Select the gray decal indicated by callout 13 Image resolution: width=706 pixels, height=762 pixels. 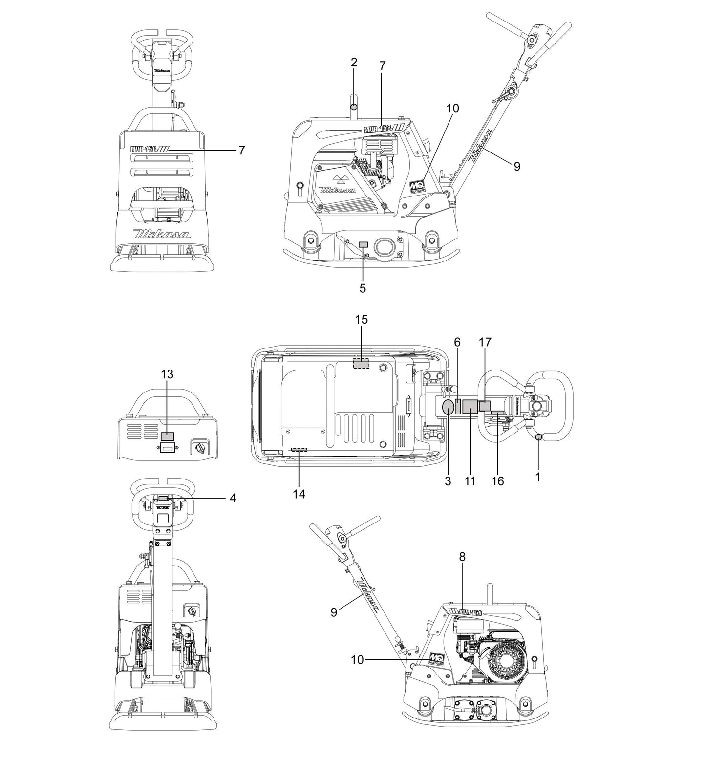(x=168, y=436)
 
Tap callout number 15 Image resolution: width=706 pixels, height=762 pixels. (x=361, y=320)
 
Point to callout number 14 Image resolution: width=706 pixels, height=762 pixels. (x=299, y=494)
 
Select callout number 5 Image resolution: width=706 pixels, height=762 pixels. (x=362, y=288)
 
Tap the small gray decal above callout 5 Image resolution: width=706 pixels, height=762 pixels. (x=363, y=244)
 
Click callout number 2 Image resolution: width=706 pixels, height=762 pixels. (x=354, y=62)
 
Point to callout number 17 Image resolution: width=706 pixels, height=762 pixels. (x=485, y=342)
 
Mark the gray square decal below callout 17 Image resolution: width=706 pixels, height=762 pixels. (x=485, y=406)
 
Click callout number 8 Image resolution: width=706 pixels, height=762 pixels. (x=462, y=556)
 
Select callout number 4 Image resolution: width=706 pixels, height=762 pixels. (x=233, y=498)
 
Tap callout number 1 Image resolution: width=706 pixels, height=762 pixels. (x=538, y=477)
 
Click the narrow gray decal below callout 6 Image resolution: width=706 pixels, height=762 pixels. (x=458, y=407)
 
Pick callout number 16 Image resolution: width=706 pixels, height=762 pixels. (x=497, y=481)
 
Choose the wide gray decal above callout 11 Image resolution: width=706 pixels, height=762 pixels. (x=470, y=406)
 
